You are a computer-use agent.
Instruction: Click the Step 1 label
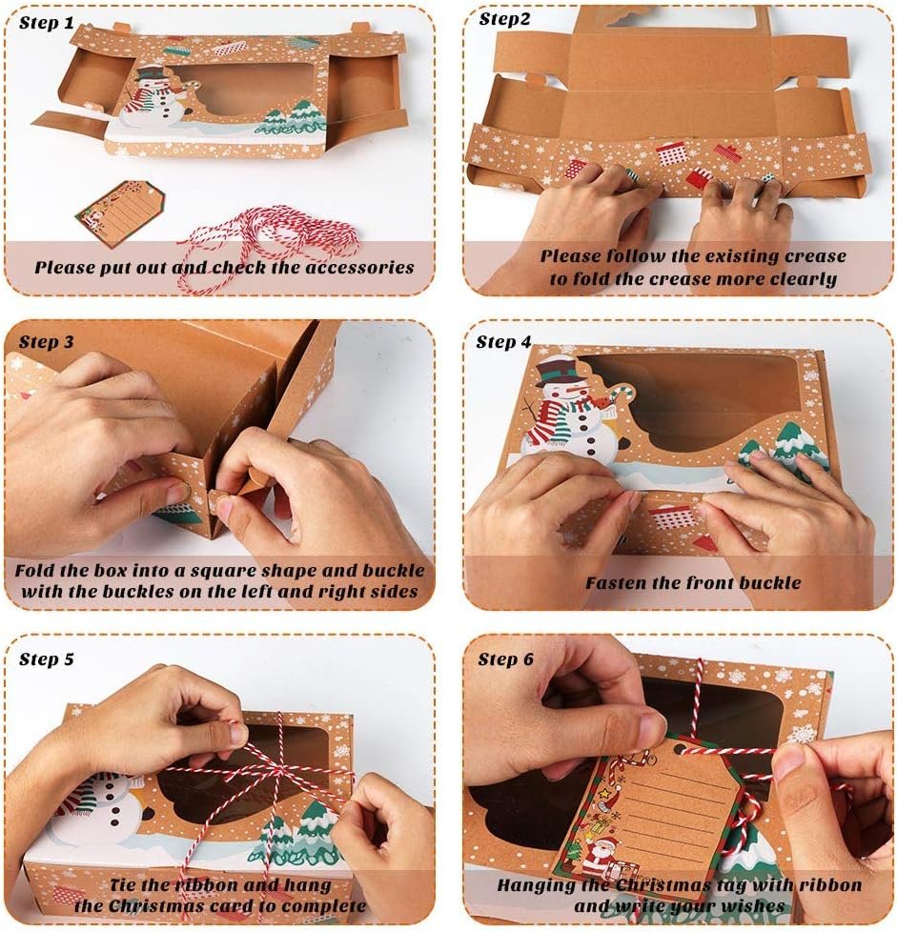pos(47,23)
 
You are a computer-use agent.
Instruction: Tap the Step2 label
pos(504,20)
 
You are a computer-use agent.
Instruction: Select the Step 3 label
pos(47,342)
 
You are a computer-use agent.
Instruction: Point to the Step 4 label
pos(503,342)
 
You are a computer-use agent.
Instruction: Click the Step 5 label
pos(47,659)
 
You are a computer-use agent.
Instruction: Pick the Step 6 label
pos(506,659)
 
